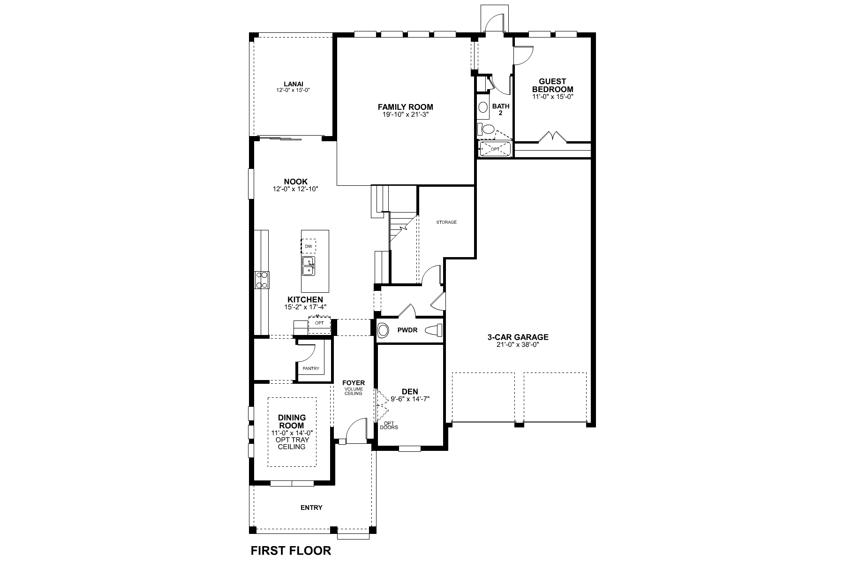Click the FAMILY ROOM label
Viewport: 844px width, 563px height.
405,107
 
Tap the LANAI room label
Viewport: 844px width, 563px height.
293,84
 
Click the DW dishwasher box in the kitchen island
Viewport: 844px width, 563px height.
308,246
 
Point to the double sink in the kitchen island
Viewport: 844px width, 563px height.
308,266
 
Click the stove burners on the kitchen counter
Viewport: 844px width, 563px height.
262,280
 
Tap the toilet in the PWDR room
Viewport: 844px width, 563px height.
434,330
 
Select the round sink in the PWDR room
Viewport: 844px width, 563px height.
384,330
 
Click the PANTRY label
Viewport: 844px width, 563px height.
310,369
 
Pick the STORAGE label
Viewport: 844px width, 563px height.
446,222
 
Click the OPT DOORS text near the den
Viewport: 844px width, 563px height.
389,425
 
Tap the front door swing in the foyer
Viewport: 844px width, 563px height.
355,428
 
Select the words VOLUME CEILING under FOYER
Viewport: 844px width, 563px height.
353,391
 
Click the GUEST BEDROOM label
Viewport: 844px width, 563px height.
552,85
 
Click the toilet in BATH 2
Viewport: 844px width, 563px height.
488,129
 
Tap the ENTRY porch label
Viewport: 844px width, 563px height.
311,508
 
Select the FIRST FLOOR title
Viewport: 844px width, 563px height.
291,550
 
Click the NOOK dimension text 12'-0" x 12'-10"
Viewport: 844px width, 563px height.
295,189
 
